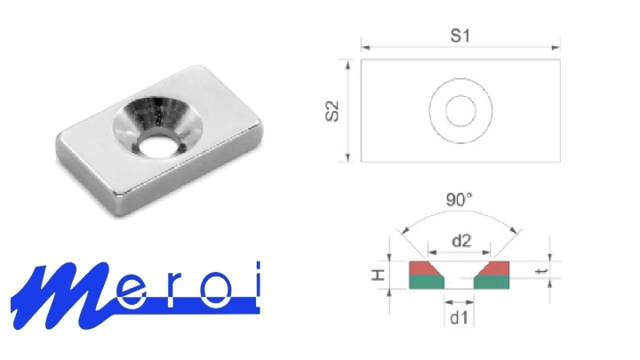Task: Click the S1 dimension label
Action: point(460,36)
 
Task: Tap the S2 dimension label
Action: point(332,111)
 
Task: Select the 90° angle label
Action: point(459,200)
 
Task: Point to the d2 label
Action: point(461,241)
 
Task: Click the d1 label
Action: point(459,317)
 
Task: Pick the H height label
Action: point(378,275)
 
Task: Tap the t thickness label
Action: point(541,271)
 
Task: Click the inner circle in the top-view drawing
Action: point(460,96)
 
